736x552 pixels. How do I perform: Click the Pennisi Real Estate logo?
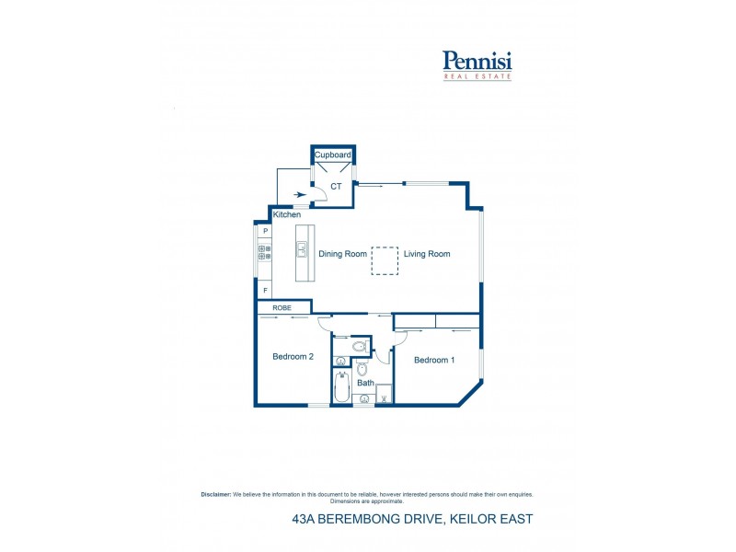(x=477, y=65)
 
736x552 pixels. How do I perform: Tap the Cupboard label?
(x=333, y=155)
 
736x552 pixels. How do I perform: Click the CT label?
(x=336, y=187)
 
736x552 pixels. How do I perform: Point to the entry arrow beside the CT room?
(x=300, y=194)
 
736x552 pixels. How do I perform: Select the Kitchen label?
(x=287, y=214)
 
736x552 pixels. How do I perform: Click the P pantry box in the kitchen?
(x=265, y=231)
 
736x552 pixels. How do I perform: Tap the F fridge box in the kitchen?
(x=265, y=290)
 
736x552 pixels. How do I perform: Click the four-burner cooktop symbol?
(x=265, y=252)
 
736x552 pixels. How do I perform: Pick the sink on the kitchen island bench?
(x=302, y=249)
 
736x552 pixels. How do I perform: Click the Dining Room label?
(x=342, y=254)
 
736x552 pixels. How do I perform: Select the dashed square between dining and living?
(x=385, y=260)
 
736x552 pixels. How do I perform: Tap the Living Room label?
(x=427, y=254)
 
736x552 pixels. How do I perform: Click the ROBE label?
(x=282, y=308)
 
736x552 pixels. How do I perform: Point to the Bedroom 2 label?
(x=293, y=357)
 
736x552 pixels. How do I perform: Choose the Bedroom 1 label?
(x=434, y=360)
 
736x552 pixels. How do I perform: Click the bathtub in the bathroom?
(x=341, y=386)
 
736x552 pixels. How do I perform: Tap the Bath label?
(x=365, y=383)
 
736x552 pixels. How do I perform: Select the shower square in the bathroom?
(x=384, y=394)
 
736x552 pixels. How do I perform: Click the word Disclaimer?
(x=216, y=494)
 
